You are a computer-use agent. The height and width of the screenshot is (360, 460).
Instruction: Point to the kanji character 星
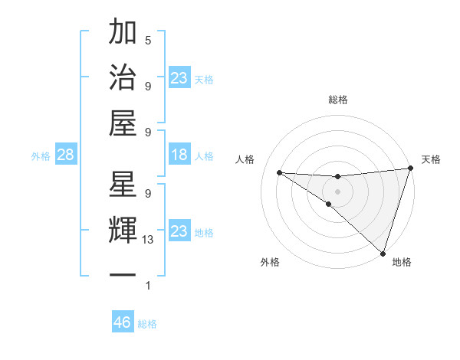coord(123,185)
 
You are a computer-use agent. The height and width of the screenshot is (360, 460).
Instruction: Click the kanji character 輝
coord(123,230)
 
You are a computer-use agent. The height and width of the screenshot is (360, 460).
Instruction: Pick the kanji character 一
coord(123,274)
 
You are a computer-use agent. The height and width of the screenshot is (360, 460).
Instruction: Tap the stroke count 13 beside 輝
coord(148,240)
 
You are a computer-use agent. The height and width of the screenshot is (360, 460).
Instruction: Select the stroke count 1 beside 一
coord(148,286)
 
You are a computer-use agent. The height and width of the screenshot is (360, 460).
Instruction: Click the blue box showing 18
coord(179,155)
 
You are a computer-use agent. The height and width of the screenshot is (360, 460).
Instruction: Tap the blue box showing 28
coord(65,155)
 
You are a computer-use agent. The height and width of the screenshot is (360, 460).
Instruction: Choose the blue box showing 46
coord(123,322)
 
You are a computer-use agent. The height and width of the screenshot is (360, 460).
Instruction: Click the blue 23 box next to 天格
coord(179,78)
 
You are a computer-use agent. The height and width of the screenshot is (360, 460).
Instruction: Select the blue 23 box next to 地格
coord(179,231)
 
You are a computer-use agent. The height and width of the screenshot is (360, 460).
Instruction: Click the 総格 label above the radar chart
coord(337,100)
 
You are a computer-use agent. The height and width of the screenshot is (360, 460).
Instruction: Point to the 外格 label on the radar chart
coord(269,262)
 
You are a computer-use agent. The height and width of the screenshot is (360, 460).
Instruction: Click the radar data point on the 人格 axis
coord(279,172)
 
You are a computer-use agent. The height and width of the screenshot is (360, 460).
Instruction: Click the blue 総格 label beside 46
coord(148,324)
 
